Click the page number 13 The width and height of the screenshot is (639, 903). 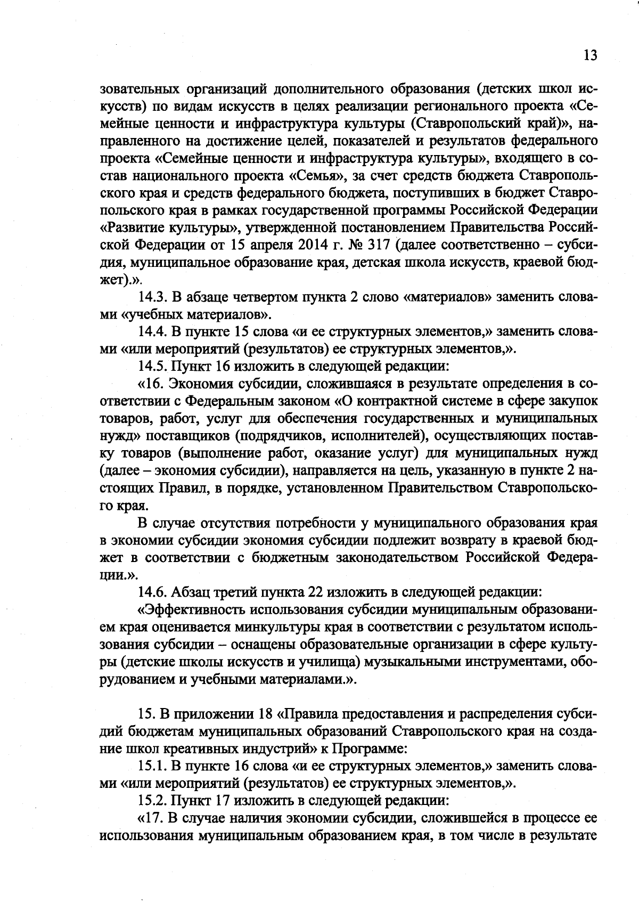click(590, 55)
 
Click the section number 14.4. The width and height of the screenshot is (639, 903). click(153, 332)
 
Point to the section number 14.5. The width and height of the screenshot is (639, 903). click(153, 367)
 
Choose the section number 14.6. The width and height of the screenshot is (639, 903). click(153, 592)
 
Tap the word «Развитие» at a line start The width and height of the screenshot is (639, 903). click(136, 228)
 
